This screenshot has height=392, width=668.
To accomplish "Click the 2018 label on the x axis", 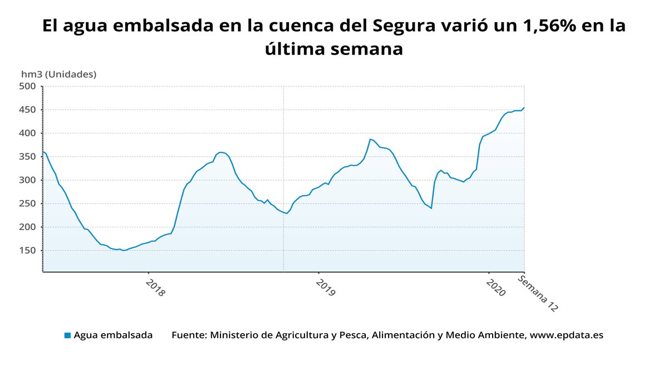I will (155, 288).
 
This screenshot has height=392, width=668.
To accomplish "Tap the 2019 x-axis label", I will (326, 288).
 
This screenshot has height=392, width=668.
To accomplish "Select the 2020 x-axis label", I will (495, 288).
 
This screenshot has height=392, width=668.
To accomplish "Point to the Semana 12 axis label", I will (538, 294).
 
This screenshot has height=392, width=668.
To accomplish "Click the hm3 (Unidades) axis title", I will (58, 74).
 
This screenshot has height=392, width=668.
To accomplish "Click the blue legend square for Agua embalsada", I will (67, 335).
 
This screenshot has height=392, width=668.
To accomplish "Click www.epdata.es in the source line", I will (566, 335).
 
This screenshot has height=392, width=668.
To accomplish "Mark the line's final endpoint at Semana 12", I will (524, 108).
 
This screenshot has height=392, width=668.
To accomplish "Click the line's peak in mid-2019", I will (370, 139).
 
